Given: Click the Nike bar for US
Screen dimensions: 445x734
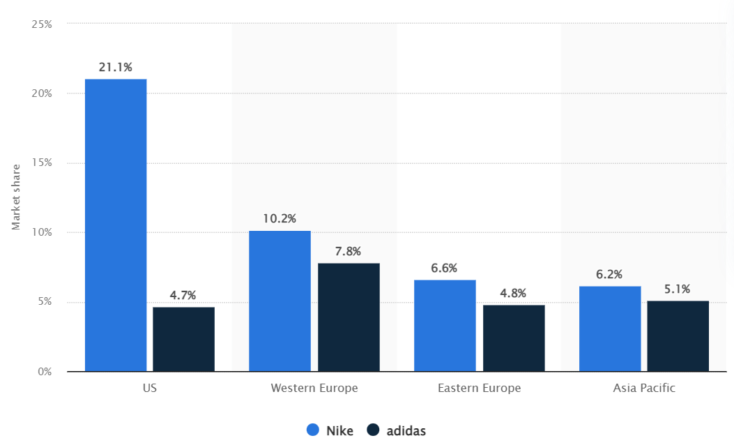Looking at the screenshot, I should click(116, 225).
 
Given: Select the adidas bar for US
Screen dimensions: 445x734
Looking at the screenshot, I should click(183, 339).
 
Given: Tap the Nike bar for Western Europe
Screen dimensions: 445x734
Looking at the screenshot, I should click(280, 301).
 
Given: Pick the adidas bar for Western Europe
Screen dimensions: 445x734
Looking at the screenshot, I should click(349, 317).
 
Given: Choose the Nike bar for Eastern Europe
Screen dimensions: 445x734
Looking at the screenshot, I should click(445, 325).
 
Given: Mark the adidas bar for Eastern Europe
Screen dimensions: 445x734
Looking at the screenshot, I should click(514, 338).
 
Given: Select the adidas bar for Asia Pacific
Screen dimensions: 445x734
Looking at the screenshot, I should click(678, 335).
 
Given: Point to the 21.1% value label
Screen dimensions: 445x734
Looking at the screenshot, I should click(116, 68).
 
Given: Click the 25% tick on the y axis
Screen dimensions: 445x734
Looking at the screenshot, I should click(42, 24).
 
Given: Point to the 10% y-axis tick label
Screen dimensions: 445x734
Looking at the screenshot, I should click(42, 232).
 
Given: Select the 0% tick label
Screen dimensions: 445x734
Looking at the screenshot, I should click(45, 372).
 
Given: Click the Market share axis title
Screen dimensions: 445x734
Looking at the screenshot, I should click(16, 197).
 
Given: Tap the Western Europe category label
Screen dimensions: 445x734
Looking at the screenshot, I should click(314, 389).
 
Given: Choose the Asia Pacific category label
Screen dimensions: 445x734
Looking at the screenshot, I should click(643, 389).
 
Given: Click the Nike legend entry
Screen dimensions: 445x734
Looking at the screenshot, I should click(331, 430).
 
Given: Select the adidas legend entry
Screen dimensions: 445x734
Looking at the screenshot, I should click(397, 430).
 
